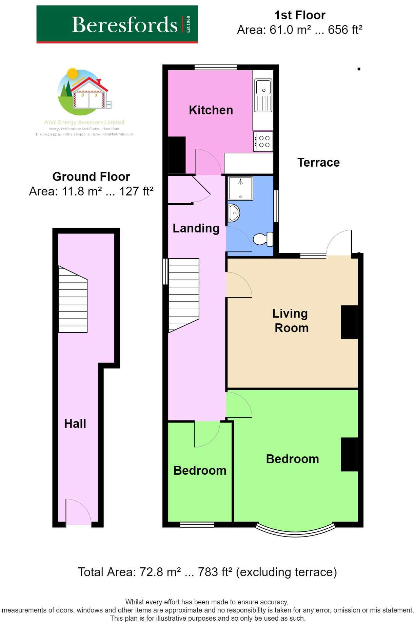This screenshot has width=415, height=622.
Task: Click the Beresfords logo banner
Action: (x=117, y=24)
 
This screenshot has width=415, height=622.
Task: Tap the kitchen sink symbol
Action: (x=263, y=96)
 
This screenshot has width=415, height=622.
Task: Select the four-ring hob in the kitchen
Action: (x=263, y=142)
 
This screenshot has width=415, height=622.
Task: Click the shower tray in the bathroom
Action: (x=240, y=188)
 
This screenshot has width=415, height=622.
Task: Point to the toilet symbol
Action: (x=263, y=239)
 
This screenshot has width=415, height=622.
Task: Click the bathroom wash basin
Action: (x=234, y=213)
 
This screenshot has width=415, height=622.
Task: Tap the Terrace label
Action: (x=318, y=162)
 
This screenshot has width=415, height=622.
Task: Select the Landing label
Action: (x=196, y=228)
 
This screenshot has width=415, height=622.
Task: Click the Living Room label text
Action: (x=291, y=320)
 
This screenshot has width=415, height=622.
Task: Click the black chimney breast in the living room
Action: (x=349, y=322)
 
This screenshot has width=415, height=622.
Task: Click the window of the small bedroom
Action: (x=197, y=525)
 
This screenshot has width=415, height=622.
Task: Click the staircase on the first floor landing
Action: (x=183, y=294)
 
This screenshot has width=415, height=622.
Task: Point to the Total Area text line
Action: (x=207, y=572)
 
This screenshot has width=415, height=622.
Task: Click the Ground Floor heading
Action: (x=91, y=176)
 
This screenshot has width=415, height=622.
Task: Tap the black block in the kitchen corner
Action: (x=177, y=155)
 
